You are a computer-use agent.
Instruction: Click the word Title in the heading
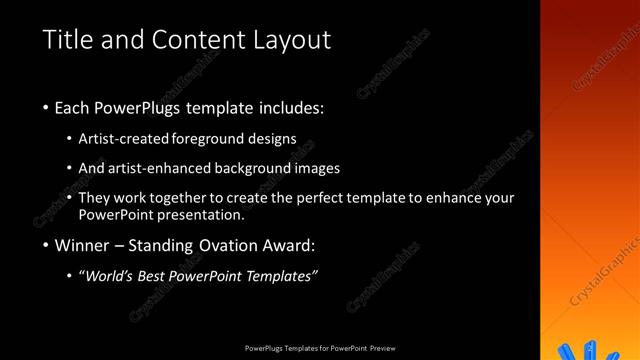[69, 40]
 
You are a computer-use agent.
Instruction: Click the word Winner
[82, 245]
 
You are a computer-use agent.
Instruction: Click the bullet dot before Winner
[45, 246]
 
